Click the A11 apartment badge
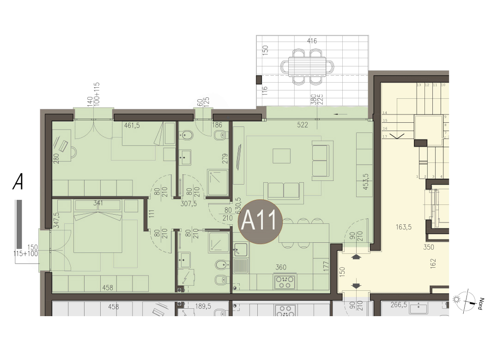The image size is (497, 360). tap(260, 222)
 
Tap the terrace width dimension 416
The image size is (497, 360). tap(312, 41)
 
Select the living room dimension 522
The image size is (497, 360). tap(303, 125)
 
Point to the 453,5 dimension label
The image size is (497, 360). tap(365, 181)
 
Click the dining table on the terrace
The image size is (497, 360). tap(308, 66)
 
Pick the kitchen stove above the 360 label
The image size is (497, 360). tap(285, 282)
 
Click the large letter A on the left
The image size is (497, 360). tap(18, 182)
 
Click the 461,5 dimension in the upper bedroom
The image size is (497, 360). tap(132, 126)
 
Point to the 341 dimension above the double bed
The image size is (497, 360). tap(98, 203)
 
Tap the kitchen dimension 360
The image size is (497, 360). tap(281, 268)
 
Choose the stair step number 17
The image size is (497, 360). tap(385, 137)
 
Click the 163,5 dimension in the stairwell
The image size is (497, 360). tap(404, 227)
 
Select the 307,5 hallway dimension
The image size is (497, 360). tap(188, 204)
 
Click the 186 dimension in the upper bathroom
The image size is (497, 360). tap(217, 125)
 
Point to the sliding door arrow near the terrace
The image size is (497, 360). tap(340, 114)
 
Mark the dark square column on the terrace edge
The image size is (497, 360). tap(259, 79)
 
